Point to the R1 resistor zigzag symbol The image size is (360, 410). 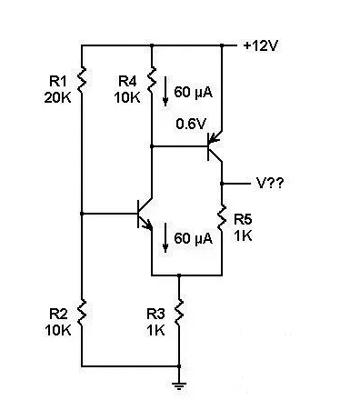pos(82,81)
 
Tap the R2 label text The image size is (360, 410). pos(57,314)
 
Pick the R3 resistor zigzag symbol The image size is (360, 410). pos(179,315)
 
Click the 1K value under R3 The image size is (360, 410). pos(156,329)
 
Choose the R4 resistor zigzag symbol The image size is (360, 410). pos(150,81)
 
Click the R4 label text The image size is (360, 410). pos(128,82)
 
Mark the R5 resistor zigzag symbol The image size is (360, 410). pos(221,218)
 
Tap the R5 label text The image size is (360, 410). pos(243,219)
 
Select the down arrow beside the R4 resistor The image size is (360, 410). pos(165,91)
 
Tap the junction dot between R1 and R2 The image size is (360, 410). pos(82,214)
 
